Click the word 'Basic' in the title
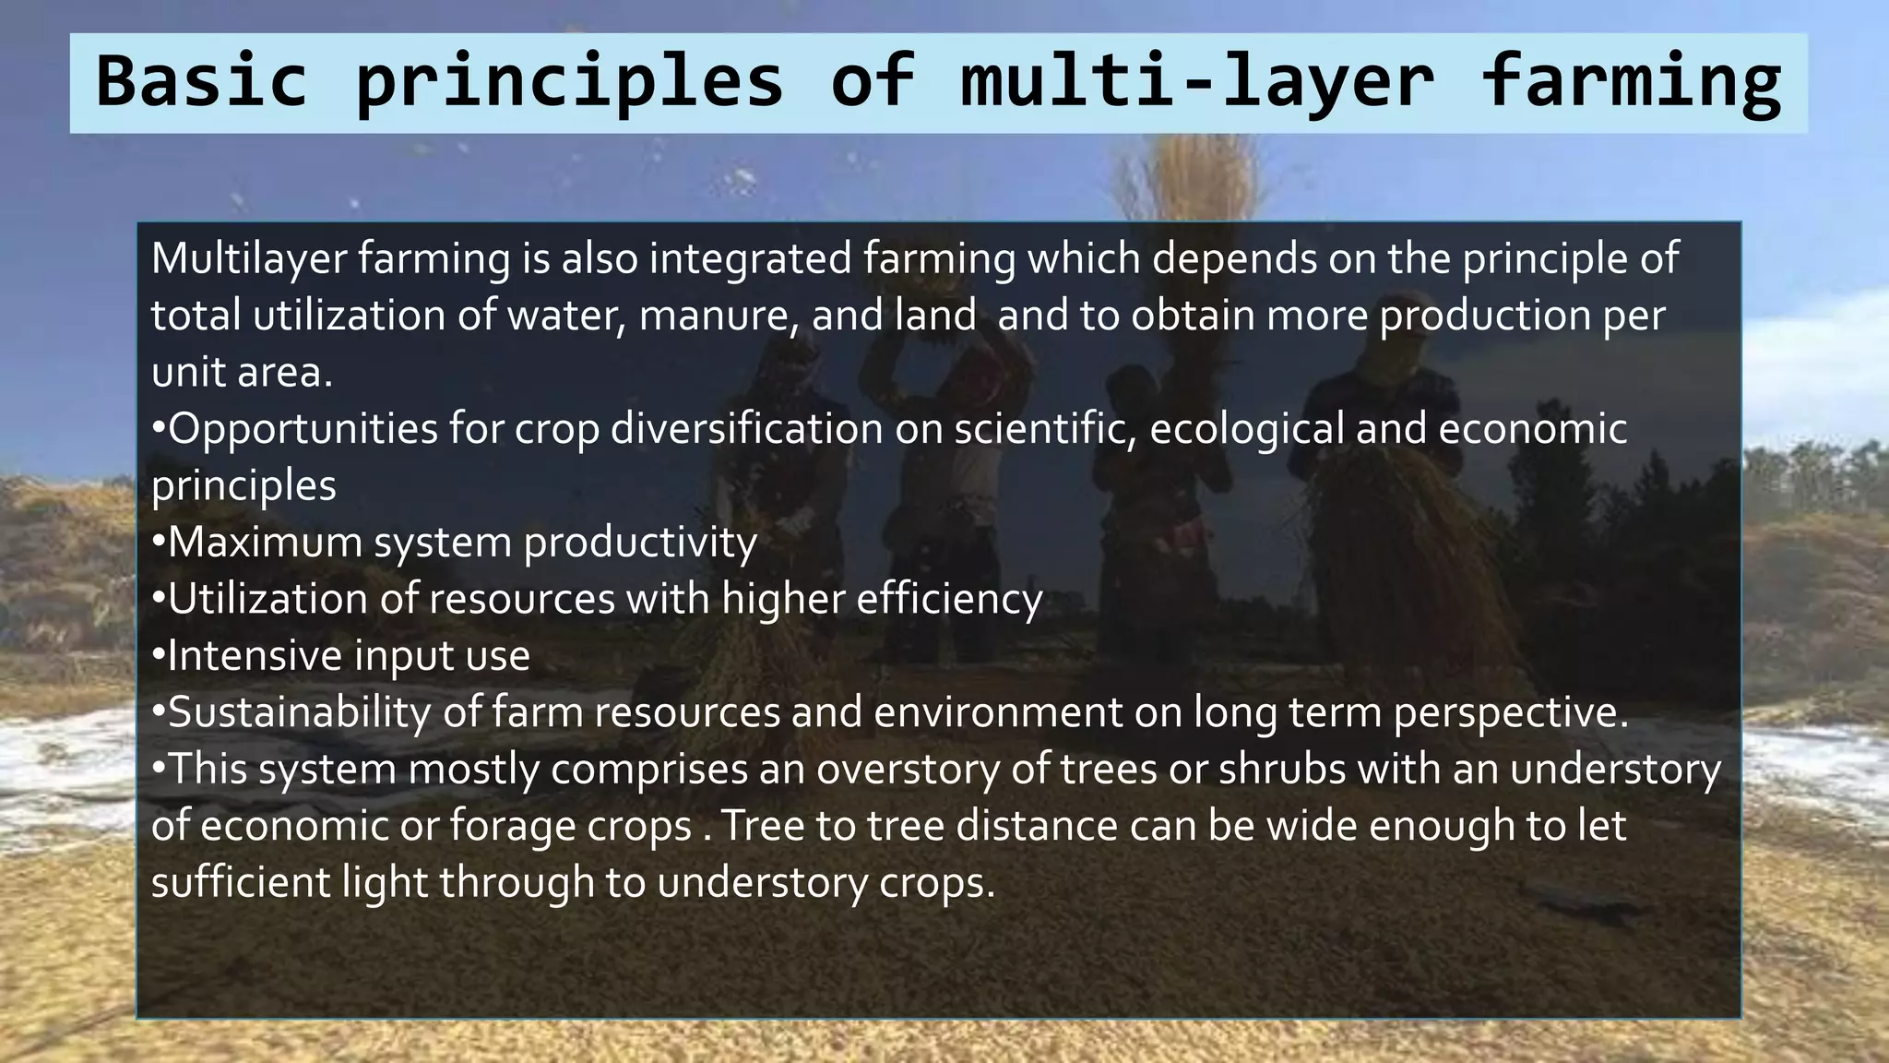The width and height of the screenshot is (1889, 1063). (x=201, y=81)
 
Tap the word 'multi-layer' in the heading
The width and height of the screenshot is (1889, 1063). (x=1197, y=81)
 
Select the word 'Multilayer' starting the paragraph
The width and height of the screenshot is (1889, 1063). (x=248, y=258)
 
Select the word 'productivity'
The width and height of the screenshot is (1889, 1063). (x=640, y=543)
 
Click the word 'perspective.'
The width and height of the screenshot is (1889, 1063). (x=1511, y=712)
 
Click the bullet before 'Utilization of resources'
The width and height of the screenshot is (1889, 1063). (x=159, y=600)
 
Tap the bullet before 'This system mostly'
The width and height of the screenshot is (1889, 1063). (x=159, y=770)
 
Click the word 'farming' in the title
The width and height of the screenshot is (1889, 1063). (x=1631, y=81)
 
